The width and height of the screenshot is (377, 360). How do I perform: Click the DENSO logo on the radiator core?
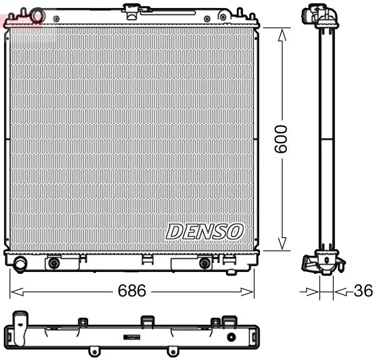(x=204, y=232)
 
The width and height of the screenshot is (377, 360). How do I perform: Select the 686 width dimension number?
(x=132, y=290)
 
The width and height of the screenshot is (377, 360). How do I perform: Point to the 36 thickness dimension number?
(x=363, y=291)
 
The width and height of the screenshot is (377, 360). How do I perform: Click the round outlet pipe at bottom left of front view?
(x=20, y=263)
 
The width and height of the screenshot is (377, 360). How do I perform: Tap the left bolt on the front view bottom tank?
(x=54, y=263)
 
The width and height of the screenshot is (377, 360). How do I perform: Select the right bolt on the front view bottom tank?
(x=204, y=263)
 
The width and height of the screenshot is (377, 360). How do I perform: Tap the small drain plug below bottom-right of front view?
(x=232, y=272)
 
